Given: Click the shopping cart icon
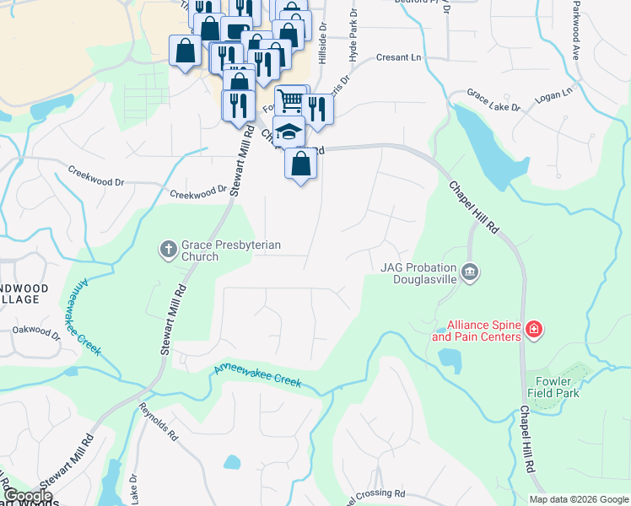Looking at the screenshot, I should click(x=290, y=101).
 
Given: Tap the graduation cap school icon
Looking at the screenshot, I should click(x=289, y=132).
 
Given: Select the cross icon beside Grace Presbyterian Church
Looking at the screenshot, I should click(x=167, y=249).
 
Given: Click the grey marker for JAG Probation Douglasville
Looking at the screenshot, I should click(x=471, y=272).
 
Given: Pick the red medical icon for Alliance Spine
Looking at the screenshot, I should click(x=533, y=329).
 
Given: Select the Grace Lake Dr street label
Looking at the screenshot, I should click(x=493, y=102).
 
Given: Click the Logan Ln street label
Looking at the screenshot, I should click(x=553, y=91).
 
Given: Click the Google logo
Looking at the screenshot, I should click(x=28, y=496).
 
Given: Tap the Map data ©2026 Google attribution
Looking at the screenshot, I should click(x=578, y=498).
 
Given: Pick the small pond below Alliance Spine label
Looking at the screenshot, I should click(x=450, y=360).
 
